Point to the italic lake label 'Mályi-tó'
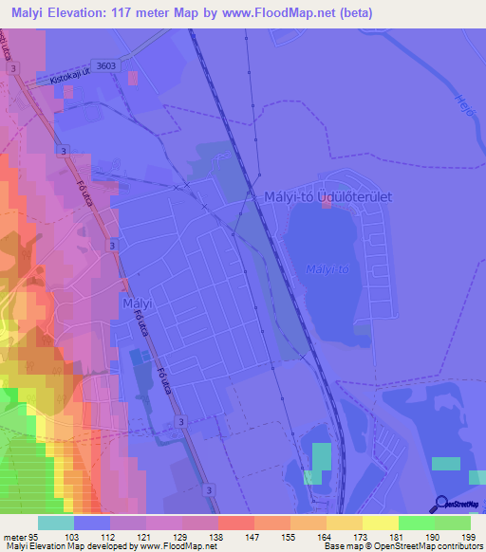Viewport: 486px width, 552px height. tap(327, 269)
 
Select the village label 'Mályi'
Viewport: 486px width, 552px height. tap(138, 304)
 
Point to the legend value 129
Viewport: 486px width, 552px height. tap(194, 536)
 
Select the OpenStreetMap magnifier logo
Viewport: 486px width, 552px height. tap(440, 506)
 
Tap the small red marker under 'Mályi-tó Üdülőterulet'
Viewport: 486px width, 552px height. tap(327, 208)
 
